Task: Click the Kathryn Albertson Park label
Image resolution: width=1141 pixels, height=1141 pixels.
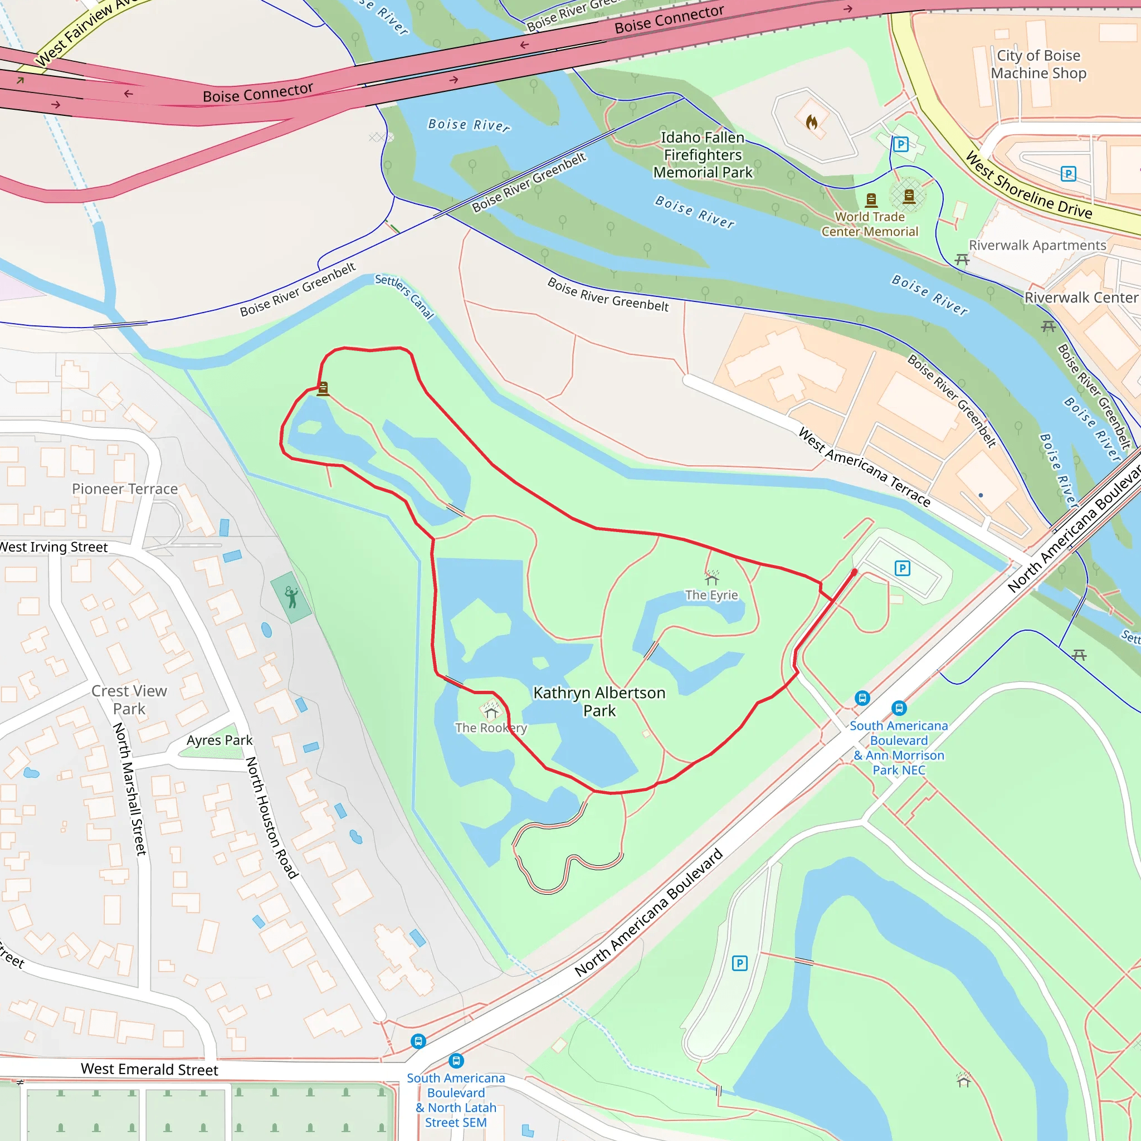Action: (599, 701)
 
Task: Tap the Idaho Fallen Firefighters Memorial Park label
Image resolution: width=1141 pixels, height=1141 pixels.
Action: (702, 155)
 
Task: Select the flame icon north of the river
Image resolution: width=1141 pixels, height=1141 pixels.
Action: (812, 122)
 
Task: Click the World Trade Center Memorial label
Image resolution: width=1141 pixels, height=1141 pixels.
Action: (869, 225)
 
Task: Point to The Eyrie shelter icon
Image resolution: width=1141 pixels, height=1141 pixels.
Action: (711, 577)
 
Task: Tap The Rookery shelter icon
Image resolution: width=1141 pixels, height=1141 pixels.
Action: (491, 709)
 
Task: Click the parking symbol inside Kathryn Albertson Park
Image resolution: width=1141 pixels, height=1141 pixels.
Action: (903, 568)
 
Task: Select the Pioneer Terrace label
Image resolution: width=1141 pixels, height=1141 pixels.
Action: (125, 489)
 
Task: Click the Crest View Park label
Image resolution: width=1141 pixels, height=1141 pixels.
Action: (129, 700)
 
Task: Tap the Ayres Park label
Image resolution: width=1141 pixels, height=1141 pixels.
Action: (219, 740)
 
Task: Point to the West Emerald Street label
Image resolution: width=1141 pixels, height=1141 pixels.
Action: (149, 1069)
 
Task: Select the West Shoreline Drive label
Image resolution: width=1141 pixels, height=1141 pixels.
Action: (1028, 185)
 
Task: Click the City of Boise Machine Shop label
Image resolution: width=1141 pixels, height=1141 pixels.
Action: (1038, 65)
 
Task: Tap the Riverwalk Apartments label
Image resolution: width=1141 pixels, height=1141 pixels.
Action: (1037, 245)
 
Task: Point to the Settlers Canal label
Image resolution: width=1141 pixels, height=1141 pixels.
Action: (404, 296)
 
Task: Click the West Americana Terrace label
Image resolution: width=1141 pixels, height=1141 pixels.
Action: (864, 467)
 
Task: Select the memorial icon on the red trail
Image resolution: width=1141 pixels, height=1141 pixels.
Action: (323, 388)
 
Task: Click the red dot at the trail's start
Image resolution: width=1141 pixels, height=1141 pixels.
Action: (855, 572)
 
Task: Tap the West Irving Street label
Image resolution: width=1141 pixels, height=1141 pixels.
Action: (53, 547)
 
